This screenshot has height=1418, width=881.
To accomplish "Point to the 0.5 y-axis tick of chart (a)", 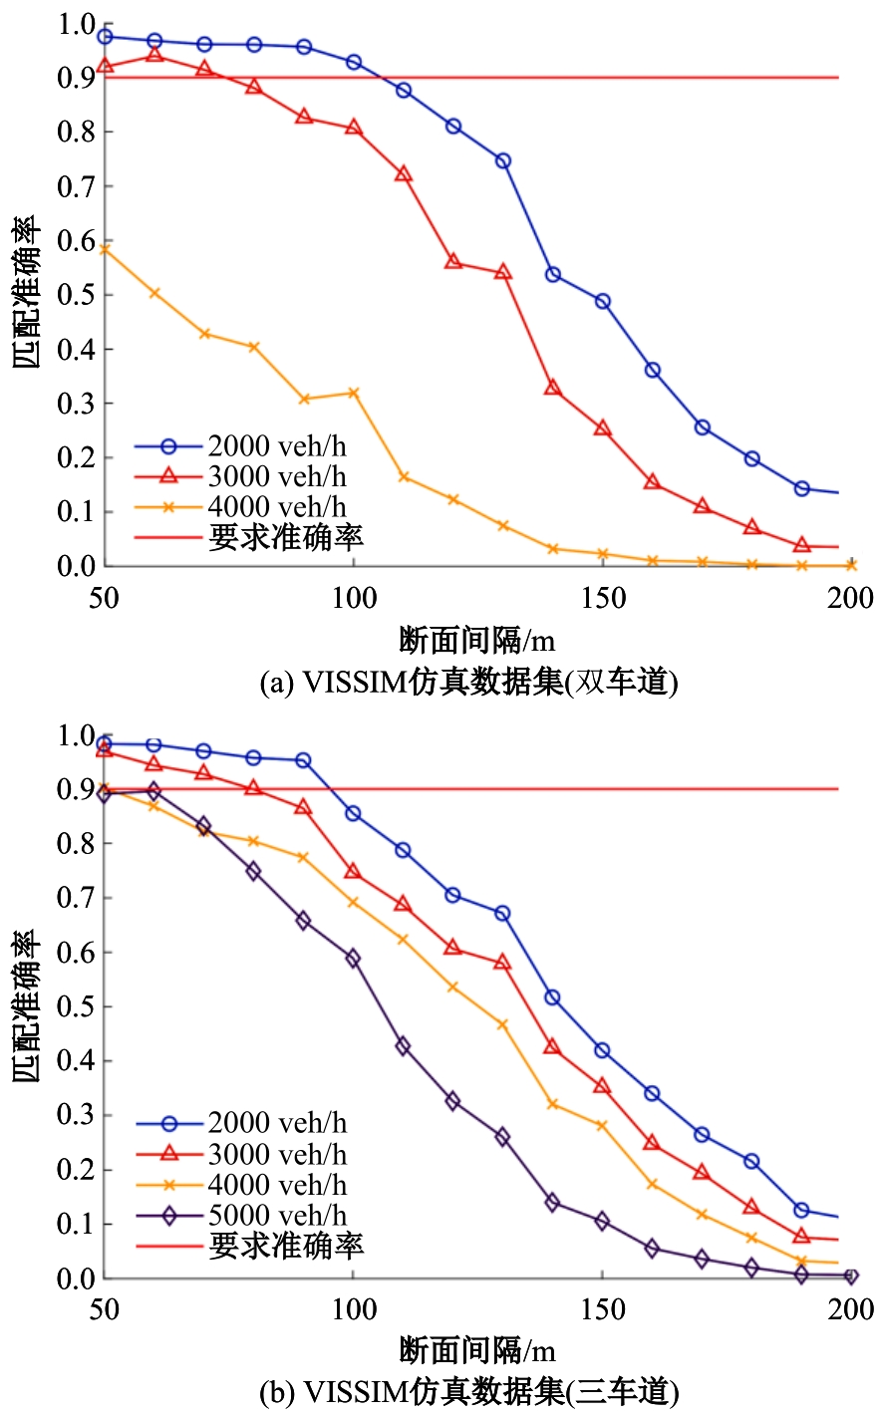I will point(77,296).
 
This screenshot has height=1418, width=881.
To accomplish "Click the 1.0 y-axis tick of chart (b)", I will point(77,736).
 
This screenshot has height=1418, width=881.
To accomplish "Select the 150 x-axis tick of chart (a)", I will point(603,599).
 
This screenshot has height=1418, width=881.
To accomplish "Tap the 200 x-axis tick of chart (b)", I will point(851,1309).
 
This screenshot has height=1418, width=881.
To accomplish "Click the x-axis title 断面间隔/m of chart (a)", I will point(476,640).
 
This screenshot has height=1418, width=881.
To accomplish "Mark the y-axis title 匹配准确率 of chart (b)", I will point(27,1006).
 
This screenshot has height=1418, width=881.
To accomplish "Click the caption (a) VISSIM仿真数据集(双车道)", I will point(468,683).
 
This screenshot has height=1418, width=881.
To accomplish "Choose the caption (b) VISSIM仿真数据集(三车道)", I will point(468,1391).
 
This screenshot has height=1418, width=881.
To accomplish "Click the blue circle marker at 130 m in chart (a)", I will point(503,160).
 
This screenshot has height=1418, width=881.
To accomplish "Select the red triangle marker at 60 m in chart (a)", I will point(153,54).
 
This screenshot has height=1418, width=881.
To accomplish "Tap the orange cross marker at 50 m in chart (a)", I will point(105,249).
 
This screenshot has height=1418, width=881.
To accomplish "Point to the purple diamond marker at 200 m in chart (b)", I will point(851,1276).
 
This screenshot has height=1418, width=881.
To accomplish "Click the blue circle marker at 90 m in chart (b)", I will point(303,760).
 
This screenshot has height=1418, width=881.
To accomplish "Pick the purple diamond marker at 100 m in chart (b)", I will point(353,959).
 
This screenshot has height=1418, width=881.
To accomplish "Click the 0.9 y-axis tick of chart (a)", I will point(77,79).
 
